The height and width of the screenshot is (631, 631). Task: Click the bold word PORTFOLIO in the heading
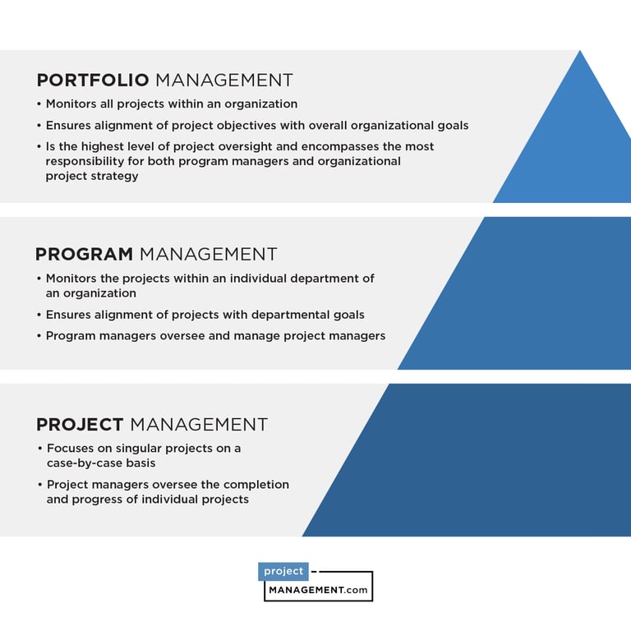(x=93, y=81)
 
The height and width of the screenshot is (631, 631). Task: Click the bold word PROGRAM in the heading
(x=84, y=255)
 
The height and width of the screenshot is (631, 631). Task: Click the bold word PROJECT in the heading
(x=80, y=425)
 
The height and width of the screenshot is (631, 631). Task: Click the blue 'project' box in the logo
(x=283, y=572)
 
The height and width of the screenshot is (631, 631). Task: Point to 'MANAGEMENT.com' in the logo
(x=319, y=589)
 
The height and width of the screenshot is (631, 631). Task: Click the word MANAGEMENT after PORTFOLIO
(x=224, y=81)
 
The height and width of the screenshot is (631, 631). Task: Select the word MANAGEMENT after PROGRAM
(x=209, y=255)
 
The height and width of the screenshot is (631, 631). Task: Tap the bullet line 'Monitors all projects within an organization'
(x=171, y=104)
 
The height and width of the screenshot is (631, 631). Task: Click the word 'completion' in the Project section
(x=256, y=485)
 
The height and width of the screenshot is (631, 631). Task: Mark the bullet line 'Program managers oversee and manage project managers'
(x=215, y=336)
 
